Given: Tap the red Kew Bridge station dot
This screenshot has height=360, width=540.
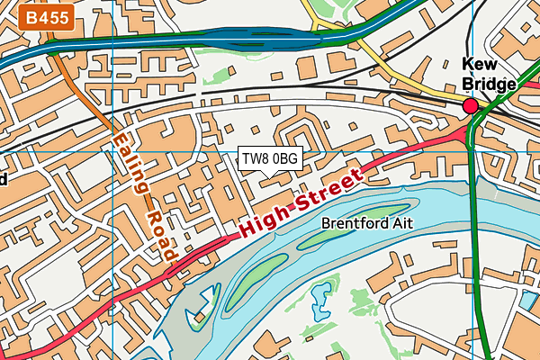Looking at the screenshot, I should click(x=470, y=107).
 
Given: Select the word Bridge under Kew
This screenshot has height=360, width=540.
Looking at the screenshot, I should click(x=490, y=84).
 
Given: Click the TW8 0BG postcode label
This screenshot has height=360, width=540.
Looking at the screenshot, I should click(x=270, y=158).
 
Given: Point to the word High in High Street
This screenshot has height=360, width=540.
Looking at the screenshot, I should click(x=261, y=225).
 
